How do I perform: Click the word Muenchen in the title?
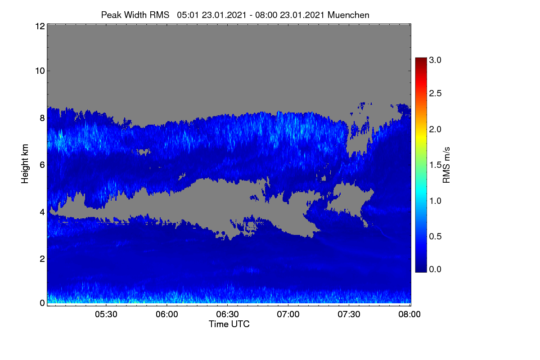[x=348, y=15]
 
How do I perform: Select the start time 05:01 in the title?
[x=188, y=15]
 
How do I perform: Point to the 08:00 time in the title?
[x=266, y=15]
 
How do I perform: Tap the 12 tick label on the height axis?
[x=40, y=26]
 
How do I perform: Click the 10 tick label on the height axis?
[x=40, y=71]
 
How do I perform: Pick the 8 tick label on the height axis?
[x=43, y=118]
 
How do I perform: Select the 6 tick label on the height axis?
[x=43, y=165]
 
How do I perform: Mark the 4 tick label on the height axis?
[x=43, y=212]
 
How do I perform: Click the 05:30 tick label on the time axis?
[x=106, y=314]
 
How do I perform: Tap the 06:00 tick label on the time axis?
[x=167, y=314]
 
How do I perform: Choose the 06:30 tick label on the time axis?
[x=227, y=314]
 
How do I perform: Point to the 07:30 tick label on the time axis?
[x=349, y=314]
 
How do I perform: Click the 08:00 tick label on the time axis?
[x=409, y=314]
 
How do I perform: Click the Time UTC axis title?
[x=229, y=324]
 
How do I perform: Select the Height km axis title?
[x=25, y=164]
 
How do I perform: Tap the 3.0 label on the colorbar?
[x=435, y=60]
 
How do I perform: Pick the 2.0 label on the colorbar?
[x=435, y=130]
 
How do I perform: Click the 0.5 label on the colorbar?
[x=435, y=237]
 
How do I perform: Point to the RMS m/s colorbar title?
[x=446, y=165]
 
